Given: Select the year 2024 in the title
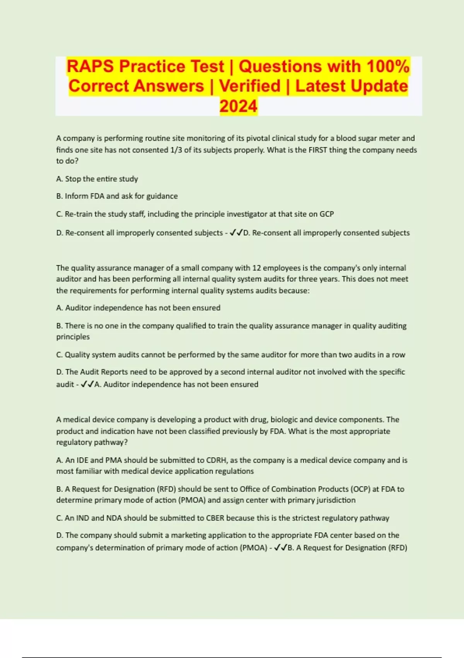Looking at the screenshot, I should click(238, 106).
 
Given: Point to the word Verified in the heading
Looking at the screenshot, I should click(250, 86).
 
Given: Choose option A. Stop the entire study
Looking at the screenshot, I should click(97, 179).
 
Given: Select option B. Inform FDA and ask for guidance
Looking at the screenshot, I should click(117, 196).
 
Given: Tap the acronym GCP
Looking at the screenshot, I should click(326, 214).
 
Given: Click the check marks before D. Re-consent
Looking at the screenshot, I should click(236, 233).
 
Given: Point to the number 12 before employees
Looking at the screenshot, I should click(256, 268).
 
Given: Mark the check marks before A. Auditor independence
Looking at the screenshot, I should click(87, 384).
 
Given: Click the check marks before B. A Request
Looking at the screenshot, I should click(280, 548).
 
